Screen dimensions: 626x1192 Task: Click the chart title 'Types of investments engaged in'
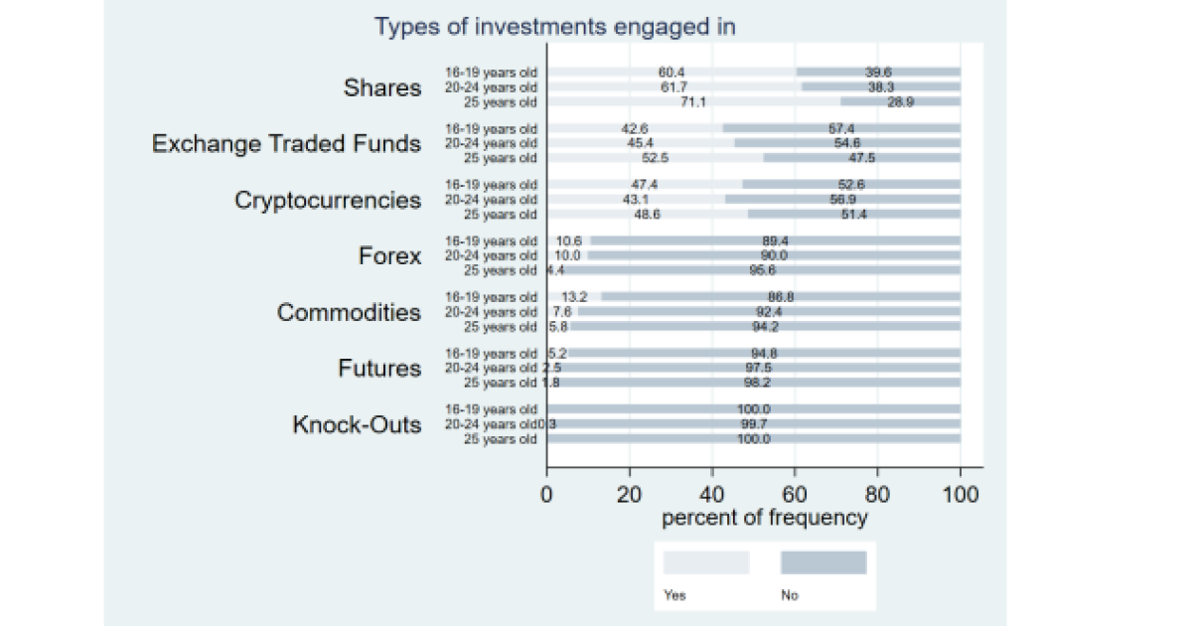coord(554,27)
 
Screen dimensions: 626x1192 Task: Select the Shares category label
coord(382,87)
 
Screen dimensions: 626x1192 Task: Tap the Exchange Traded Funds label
coord(286,144)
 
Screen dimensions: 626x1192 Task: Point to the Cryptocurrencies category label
coord(328,201)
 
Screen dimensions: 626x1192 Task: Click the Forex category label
coord(389,256)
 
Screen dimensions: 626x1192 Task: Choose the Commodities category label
coord(349,313)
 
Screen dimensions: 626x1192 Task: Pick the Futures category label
coord(379,369)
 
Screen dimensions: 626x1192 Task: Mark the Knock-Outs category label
coord(356,425)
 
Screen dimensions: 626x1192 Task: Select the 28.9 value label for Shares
coord(901,102)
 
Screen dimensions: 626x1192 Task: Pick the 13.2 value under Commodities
coord(575,297)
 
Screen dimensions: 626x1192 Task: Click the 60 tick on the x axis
coord(794,493)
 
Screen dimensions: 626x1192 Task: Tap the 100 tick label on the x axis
coord(961,493)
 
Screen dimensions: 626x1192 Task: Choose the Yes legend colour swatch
coord(706,563)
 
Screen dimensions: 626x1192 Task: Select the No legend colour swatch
coord(823,563)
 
